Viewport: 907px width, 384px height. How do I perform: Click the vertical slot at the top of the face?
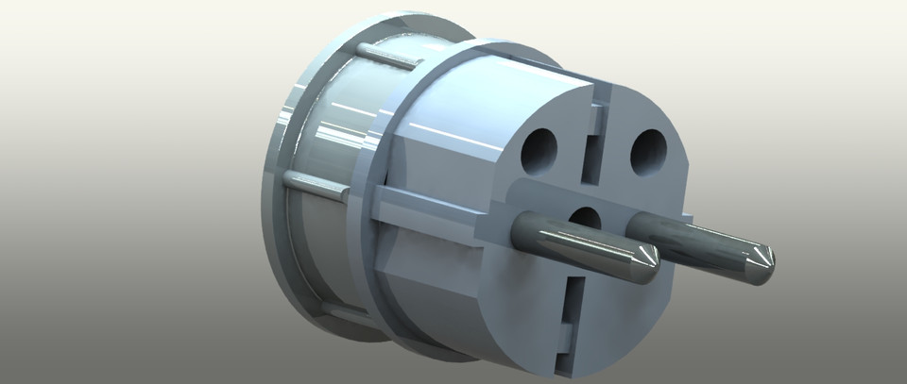click(593, 142)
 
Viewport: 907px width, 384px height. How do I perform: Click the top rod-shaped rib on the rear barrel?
click(387, 57)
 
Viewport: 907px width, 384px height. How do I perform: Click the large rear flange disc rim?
click(274, 198)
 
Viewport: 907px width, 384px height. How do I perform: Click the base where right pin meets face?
click(635, 225)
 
